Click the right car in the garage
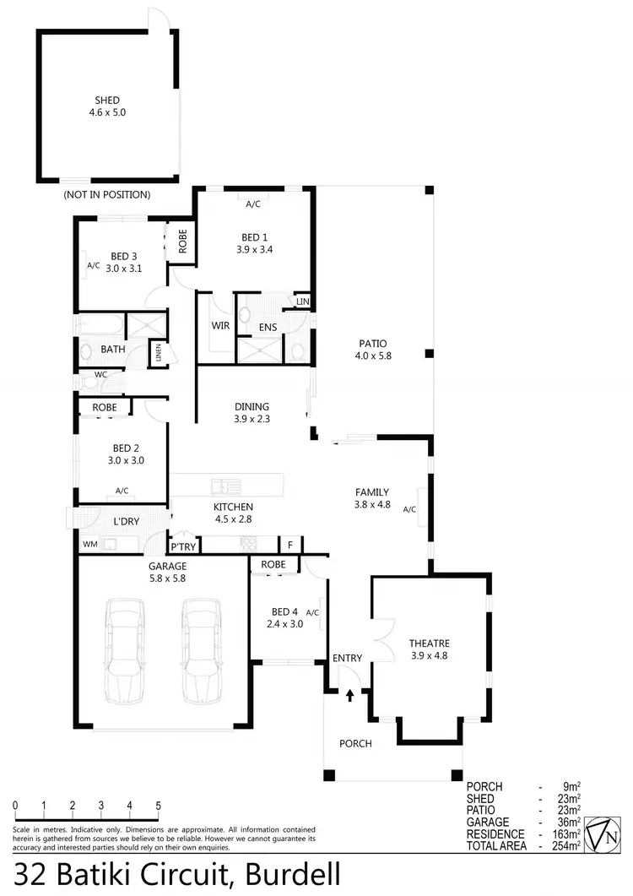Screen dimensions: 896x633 [202, 651]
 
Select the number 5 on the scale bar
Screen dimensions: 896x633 [158, 806]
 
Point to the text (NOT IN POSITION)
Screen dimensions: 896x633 [106, 194]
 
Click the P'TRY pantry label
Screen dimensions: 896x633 [183, 547]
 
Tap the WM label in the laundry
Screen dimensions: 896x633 [89, 545]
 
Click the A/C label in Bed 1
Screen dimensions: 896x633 [253, 204]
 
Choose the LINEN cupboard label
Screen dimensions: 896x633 [157, 353]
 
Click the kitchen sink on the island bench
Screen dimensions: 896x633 [224, 486]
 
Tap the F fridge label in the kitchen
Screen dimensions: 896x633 [289, 546]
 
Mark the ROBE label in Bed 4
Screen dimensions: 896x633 [273, 564]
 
